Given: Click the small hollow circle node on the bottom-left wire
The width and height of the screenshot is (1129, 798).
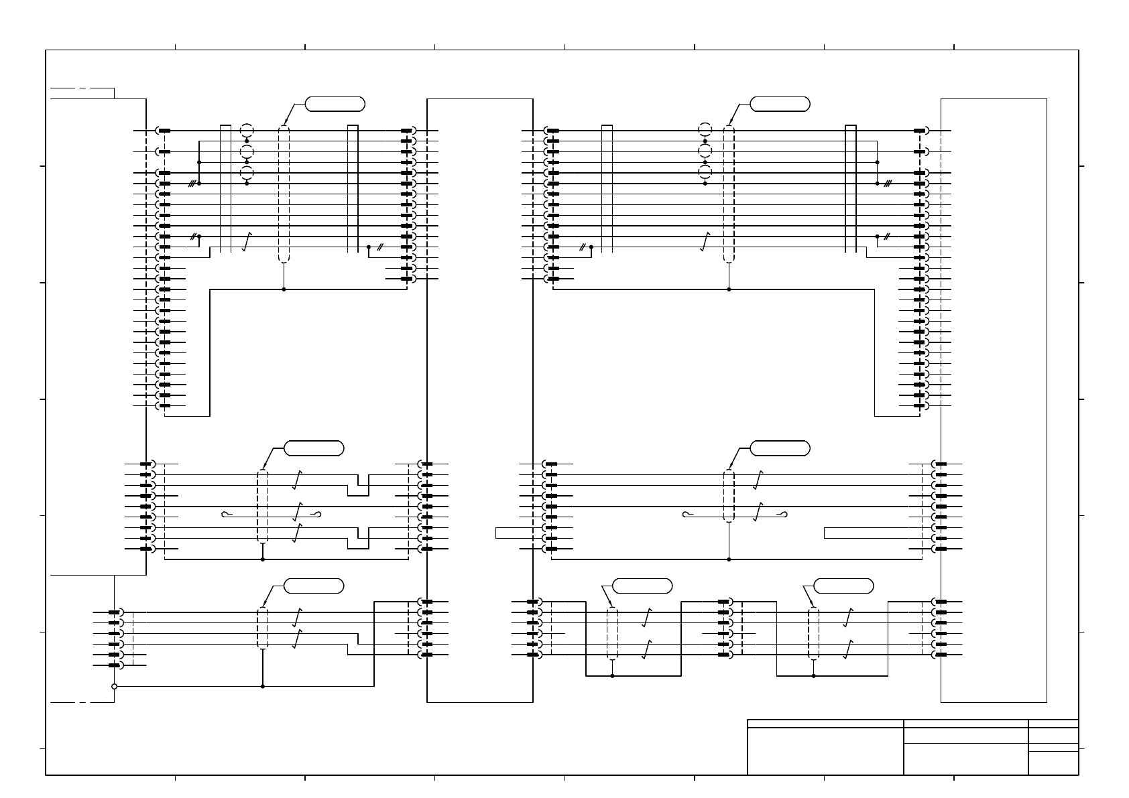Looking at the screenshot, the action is (x=114, y=686).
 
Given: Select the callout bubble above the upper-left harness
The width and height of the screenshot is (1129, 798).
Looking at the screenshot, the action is (x=335, y=104).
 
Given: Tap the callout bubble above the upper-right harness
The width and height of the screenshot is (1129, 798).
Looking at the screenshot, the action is (x=780, y=104).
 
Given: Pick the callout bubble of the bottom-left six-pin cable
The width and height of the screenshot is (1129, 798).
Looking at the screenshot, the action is (x=314, y=586).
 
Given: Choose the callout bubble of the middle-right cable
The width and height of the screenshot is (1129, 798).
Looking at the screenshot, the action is (x=780, y=448).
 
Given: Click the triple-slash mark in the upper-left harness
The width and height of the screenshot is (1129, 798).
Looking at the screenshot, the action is (x=192, y=184).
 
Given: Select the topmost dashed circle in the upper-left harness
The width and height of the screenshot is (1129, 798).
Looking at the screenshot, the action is (x=247, y=131).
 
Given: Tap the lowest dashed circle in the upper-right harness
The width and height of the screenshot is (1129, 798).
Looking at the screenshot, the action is (x=705, y=173).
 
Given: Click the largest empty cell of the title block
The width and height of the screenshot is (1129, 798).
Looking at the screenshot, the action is (x=825, y=751).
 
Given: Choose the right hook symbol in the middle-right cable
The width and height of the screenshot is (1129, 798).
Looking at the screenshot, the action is (x=782, y=515).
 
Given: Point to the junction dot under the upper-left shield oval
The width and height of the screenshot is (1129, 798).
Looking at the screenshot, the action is (x=284, y=289).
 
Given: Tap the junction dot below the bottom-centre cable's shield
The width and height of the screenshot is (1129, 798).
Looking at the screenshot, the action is (x=612, y=676).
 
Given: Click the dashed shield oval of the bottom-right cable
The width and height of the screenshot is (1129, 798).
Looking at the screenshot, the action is (x=813, y=634).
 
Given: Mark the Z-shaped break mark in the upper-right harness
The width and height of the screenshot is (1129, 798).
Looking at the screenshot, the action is (x=705, y=242).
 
